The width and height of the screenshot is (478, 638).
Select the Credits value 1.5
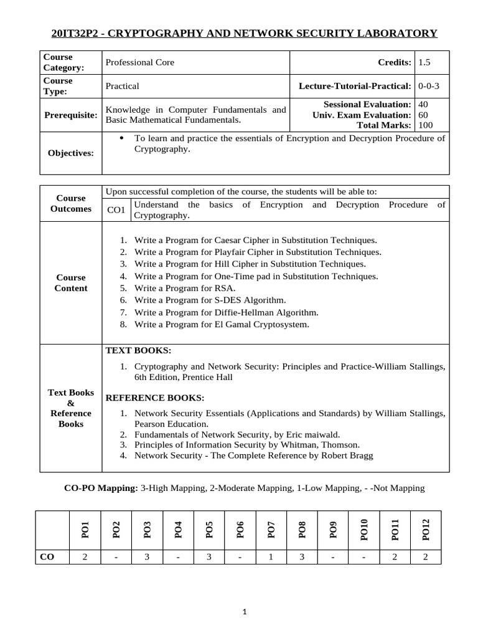[424, 62]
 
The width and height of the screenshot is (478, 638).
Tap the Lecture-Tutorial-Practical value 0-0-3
[429, 86]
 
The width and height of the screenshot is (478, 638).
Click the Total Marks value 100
[426, 125]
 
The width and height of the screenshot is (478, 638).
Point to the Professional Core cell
[140, 62]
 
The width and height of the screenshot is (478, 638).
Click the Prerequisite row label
[71, 115]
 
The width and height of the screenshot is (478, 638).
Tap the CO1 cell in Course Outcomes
[116, 211]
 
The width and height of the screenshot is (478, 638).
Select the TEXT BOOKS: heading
[139, 351]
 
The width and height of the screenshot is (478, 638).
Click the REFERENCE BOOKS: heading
[155, 398]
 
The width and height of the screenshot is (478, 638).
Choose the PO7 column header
[271, 529]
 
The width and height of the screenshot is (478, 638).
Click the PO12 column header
[426, 529]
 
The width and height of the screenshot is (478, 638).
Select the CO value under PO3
[147, 557]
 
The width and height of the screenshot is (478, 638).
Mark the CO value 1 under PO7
[271, 557]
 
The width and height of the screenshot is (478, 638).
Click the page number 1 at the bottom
[245, 612]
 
